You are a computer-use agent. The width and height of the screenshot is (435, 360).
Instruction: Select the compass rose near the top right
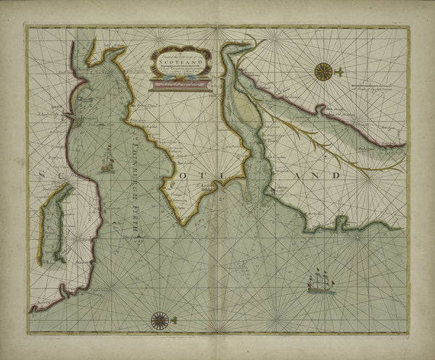click(323, 71)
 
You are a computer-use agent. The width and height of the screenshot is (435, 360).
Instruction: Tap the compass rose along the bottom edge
click(159, 319)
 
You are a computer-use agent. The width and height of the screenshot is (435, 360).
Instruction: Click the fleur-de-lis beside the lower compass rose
click(175, 319)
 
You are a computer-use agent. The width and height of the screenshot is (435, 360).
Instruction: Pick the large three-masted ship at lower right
click(320, 281)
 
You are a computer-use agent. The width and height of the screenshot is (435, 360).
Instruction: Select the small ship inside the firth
click(108, 160)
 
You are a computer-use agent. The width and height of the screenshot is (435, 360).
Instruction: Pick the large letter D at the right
click(335, 176)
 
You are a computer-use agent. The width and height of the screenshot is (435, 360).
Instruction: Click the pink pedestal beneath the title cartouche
click(179, 86)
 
